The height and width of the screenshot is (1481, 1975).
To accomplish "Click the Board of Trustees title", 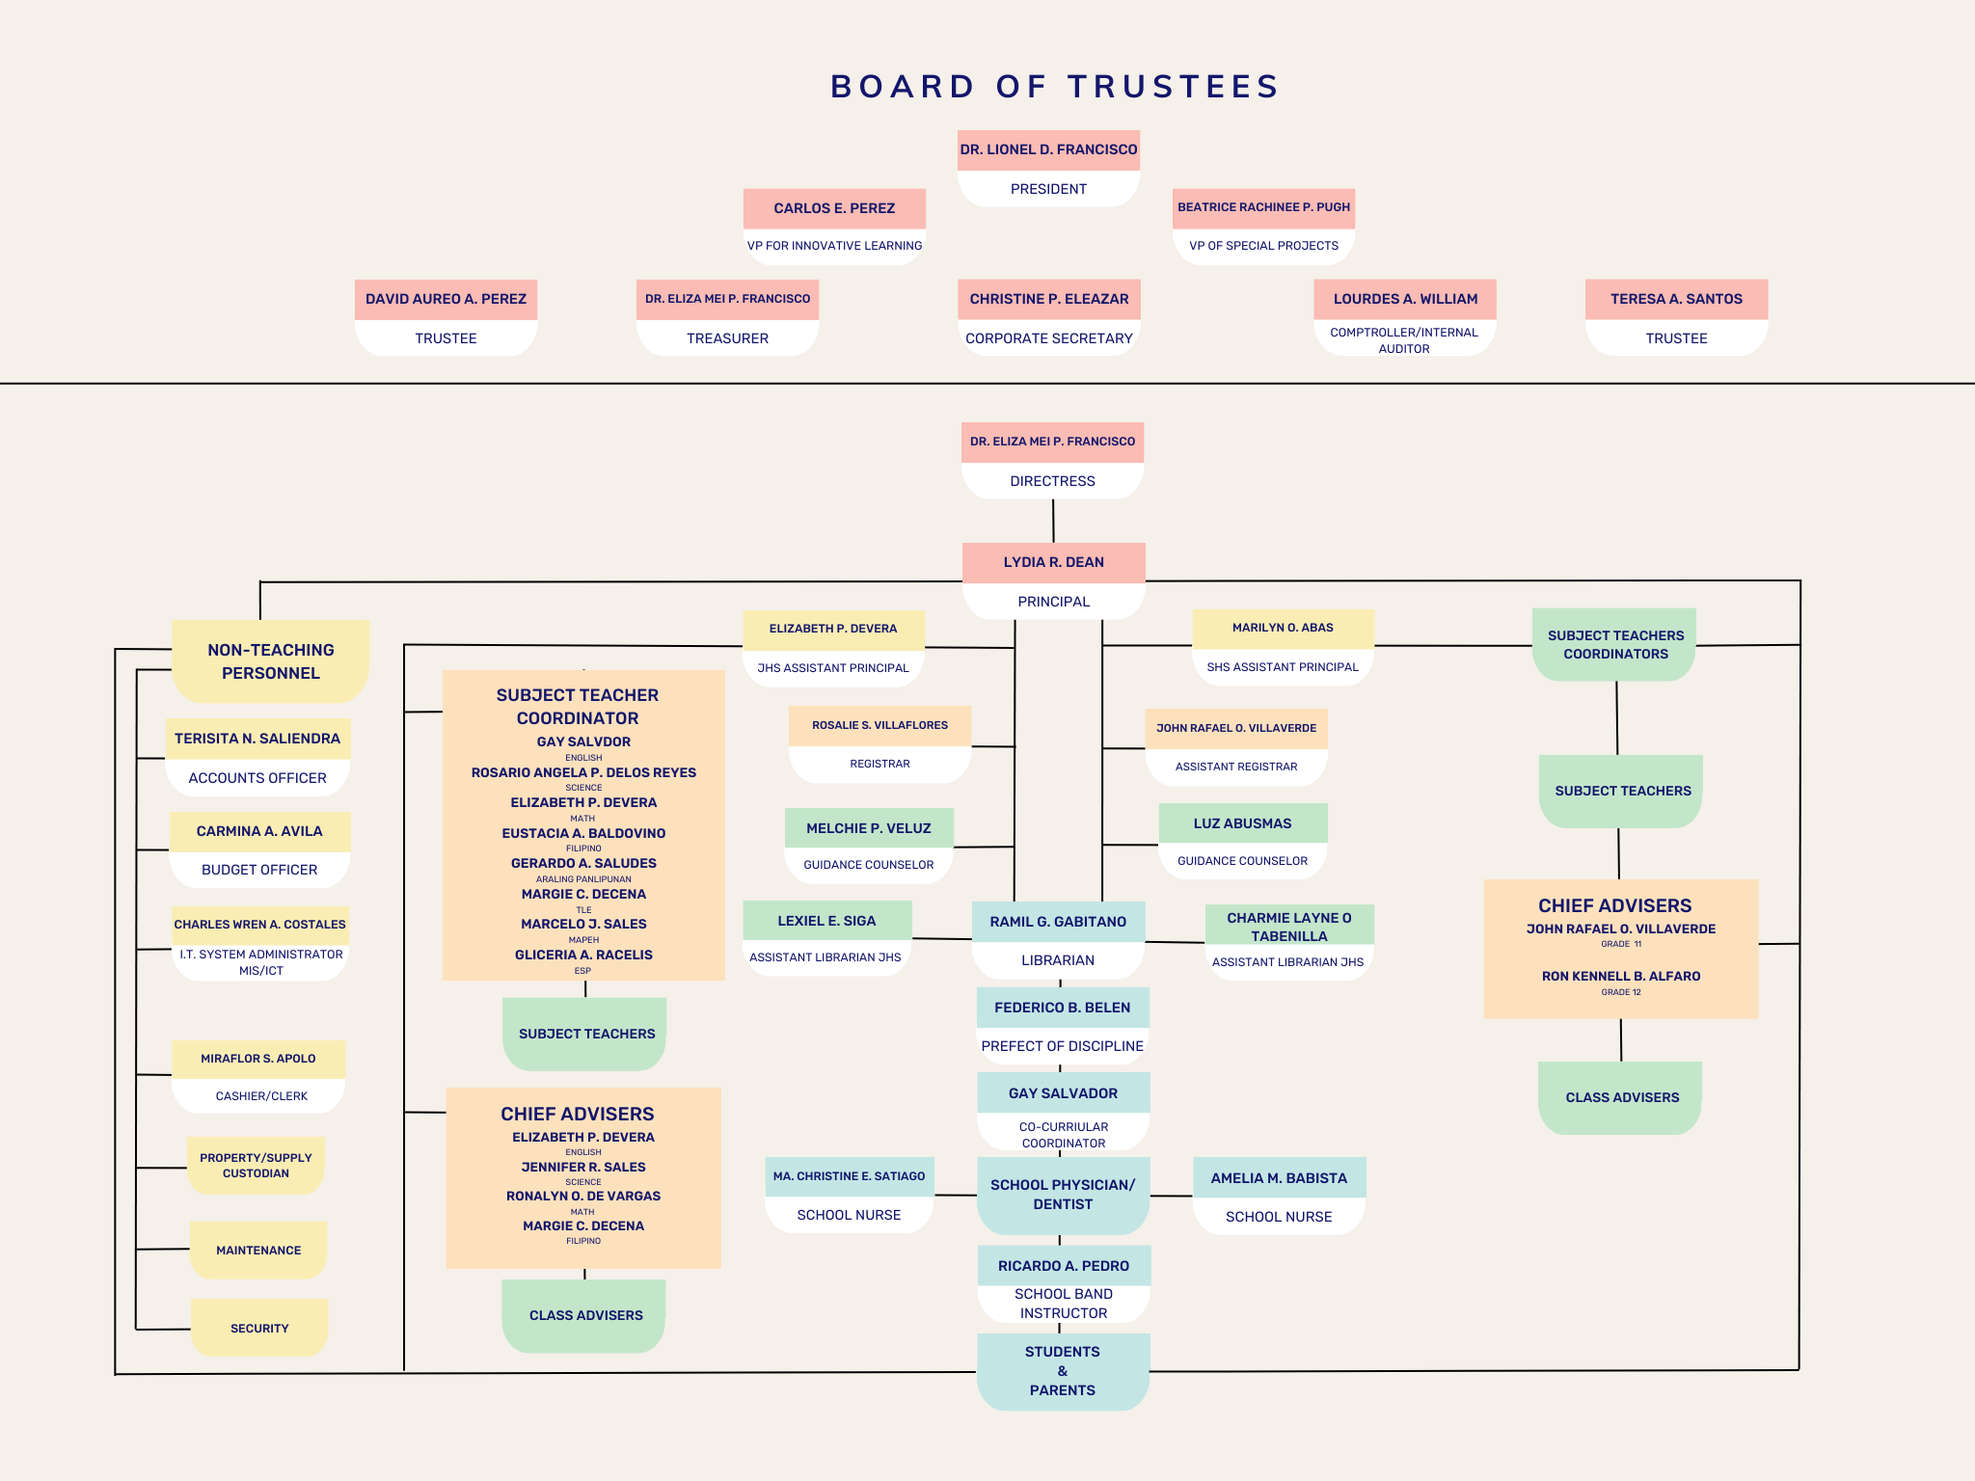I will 1054,87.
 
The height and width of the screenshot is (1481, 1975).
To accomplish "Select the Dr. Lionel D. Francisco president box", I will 1048,150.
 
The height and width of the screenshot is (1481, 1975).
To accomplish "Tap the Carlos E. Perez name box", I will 834,208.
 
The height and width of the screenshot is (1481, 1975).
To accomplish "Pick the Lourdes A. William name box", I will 1405,299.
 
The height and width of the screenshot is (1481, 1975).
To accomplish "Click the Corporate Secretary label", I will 1048,338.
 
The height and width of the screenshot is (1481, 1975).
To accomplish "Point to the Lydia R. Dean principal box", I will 1053,562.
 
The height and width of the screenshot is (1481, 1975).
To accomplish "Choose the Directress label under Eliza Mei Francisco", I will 1052,481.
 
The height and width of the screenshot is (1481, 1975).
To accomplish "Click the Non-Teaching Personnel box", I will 270,661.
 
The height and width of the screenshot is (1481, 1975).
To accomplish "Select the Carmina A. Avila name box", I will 259,831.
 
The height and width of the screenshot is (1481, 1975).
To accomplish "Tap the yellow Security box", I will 259,1328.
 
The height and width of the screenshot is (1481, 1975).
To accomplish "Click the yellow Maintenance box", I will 258,1250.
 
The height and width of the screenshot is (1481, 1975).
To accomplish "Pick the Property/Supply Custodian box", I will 256,1165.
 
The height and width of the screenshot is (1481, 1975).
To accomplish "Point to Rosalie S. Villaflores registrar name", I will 879,725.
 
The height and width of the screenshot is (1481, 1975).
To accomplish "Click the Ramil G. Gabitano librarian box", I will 1058,922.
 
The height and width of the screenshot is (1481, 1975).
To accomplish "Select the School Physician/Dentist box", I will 1063,1195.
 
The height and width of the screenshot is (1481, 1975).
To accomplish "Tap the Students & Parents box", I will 1063,1370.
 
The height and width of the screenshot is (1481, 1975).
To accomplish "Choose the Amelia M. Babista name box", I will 1279,1178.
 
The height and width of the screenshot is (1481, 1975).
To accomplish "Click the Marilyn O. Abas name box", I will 1283,628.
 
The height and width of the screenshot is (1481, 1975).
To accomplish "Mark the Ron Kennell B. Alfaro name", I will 1620,976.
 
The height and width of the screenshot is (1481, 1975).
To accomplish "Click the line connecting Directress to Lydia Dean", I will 1053,521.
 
